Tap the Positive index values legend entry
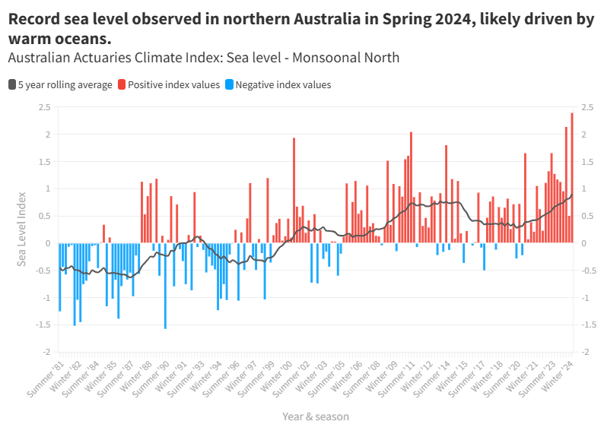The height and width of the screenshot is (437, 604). [173, 85]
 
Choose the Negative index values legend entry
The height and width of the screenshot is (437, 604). [283, 85]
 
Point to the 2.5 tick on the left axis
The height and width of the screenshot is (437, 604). [45, 107]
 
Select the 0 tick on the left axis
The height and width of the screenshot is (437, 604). [48, 243]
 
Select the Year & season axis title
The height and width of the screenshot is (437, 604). [316, 416]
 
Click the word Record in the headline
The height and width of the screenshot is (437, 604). [33, 20]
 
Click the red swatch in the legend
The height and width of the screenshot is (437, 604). [122, 85]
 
